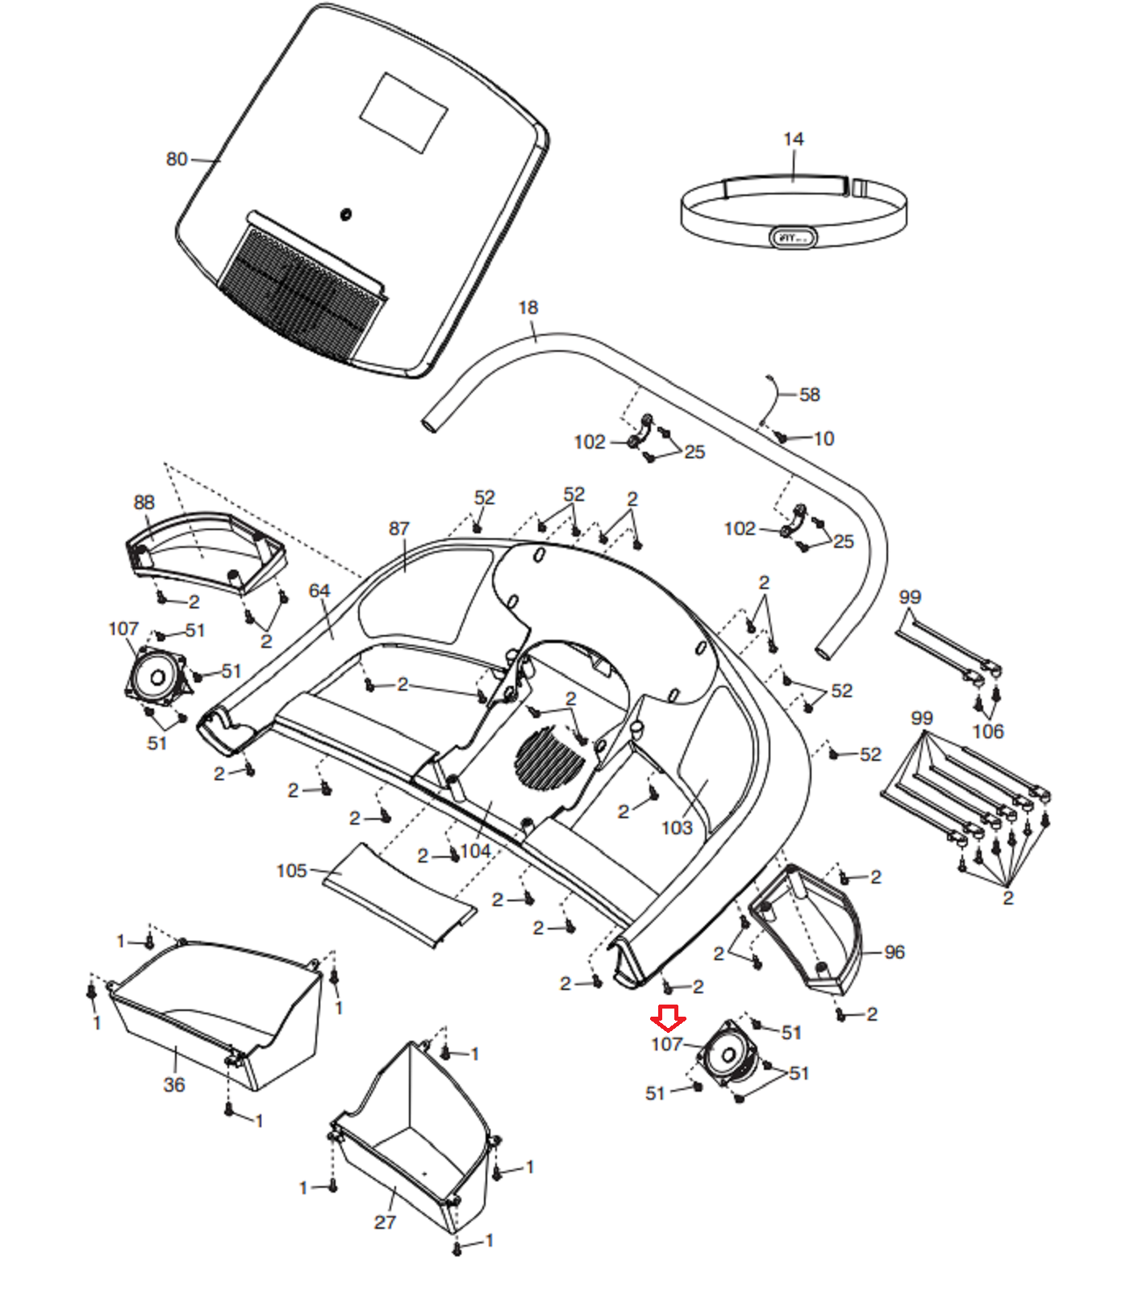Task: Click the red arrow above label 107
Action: click(x=668, y=1018)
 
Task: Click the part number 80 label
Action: click(x=177, y=159)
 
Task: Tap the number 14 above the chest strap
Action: click(x=793, y=140)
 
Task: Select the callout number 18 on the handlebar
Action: click(x=528, y=307)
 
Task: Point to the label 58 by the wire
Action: click(x=809, y=395)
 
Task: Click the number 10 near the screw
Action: click(x=824, y=438)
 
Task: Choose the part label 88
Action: click(x=144, y=502)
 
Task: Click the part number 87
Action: click(x=398, y=528)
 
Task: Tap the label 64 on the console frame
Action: click(x=319, y=591)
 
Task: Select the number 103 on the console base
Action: click(x=676, y=828)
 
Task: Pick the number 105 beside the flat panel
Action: click(x=291, y=871)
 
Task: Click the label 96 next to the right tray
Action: click(x=894, y=952)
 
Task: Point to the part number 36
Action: click(x=174, y=1084)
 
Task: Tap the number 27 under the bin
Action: click(x=385, y=1222)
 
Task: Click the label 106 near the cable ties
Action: click(x=987, y=731)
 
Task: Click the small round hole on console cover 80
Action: click(x=346, y=215)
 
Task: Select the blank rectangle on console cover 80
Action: click(x=403, y=113)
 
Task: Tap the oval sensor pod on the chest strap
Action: click(x=795, y=237)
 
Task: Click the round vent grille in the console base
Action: click(x=549, y=758)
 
